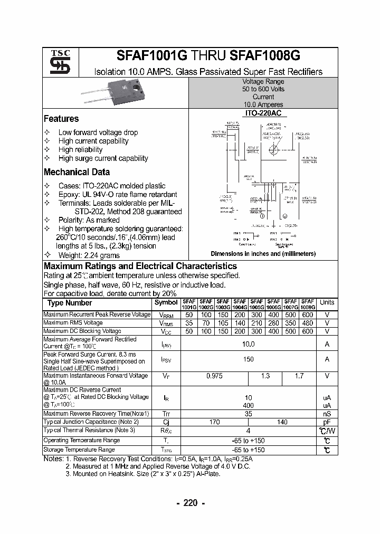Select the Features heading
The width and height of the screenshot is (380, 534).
(61, 119)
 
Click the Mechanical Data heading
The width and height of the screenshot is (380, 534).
(77, 172)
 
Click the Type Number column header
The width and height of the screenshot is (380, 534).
(70, 303)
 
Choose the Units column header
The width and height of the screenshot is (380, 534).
(327, 303)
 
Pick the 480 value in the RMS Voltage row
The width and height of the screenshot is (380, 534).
(308, 323)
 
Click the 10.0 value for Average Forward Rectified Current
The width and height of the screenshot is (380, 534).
(248, 344)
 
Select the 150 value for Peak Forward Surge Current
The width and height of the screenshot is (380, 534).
(248, 359)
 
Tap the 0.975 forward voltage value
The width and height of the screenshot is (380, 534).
(215, 376)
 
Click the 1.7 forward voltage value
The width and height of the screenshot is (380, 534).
(299, 376)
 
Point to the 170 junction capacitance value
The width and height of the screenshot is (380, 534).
(215, 422)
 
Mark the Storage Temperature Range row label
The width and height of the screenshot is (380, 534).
(79, 450)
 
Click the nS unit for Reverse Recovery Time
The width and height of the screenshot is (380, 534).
(327, 414)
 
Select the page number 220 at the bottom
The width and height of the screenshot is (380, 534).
(191, 503)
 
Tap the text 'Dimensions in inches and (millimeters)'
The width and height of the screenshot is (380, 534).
(263, 254)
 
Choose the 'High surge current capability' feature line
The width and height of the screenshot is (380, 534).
(103, 158)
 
